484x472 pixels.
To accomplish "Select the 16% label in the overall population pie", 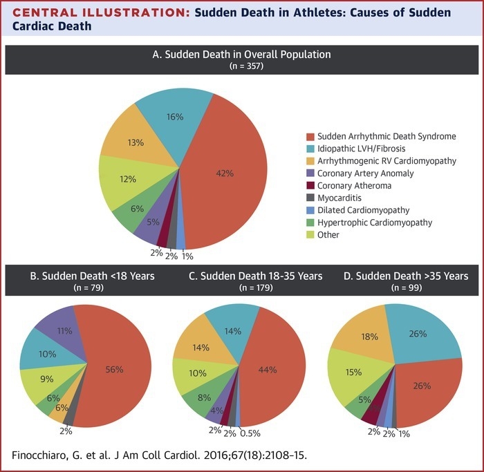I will click(x=174, y=117).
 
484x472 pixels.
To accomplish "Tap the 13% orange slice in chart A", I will click(x=136, y=142).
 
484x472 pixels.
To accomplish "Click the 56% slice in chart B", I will click(x=115, y=369).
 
